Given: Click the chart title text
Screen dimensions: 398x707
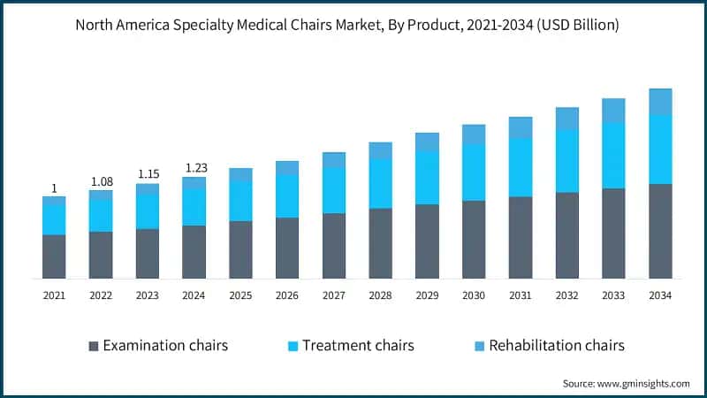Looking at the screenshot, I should [353, 26].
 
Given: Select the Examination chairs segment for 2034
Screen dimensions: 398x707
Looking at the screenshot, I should [660, 231].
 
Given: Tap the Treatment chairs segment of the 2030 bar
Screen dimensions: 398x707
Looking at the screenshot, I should [474, 172].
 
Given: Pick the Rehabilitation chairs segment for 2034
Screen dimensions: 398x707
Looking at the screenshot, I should [660, 102].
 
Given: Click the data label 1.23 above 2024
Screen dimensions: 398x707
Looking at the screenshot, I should [194, 168].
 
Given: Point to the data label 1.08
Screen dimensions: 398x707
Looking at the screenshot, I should [101, 181].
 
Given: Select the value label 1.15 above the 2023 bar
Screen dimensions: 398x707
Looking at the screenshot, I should [148, 174].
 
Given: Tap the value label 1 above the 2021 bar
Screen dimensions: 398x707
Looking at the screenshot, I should [54, 188].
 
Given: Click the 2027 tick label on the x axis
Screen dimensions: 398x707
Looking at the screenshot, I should [334, 295].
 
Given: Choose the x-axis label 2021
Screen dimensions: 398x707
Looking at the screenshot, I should [54, 295].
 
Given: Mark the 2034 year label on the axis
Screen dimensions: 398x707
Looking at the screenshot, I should [660, 295].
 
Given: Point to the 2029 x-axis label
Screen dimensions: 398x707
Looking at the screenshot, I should [427, 295].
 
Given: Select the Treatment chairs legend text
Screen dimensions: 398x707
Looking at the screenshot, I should [358, 345].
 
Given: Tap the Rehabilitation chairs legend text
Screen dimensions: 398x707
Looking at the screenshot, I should [557, 345].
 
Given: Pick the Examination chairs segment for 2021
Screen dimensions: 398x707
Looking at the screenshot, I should [54, 256].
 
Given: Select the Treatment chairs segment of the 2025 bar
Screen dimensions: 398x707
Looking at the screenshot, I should [240, 201].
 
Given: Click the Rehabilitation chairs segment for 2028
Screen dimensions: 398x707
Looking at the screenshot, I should [380, 150].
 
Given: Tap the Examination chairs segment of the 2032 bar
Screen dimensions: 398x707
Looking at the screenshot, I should [566, 235].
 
